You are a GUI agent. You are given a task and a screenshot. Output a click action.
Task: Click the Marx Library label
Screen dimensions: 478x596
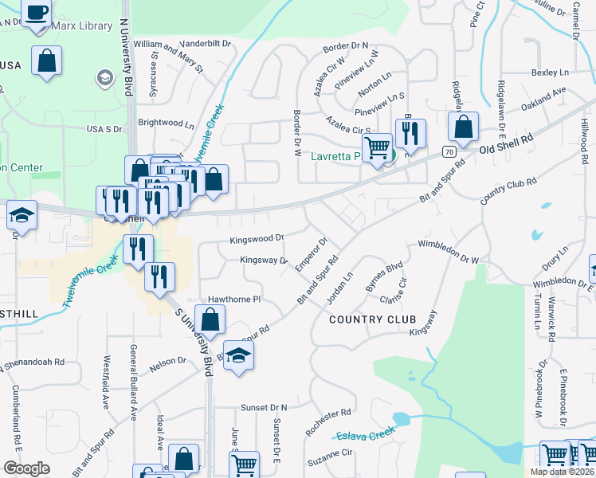(x=81, y=26)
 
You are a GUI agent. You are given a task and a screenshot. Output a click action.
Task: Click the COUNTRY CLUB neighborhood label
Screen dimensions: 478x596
(x=373, y=319)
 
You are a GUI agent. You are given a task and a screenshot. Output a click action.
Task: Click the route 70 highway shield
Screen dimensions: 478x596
(x=450, y=151)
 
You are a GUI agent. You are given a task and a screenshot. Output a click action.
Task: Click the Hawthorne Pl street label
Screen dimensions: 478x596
(x=234, y=300)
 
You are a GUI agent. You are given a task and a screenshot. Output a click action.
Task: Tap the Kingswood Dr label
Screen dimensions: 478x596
(x=257, y=238)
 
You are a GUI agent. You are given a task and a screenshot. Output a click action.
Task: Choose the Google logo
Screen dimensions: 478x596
(x=26, y=468)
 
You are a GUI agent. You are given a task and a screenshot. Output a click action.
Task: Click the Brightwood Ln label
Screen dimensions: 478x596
(x=166, y=123)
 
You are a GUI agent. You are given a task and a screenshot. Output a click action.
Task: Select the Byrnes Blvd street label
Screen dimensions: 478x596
(x=384, y=276)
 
